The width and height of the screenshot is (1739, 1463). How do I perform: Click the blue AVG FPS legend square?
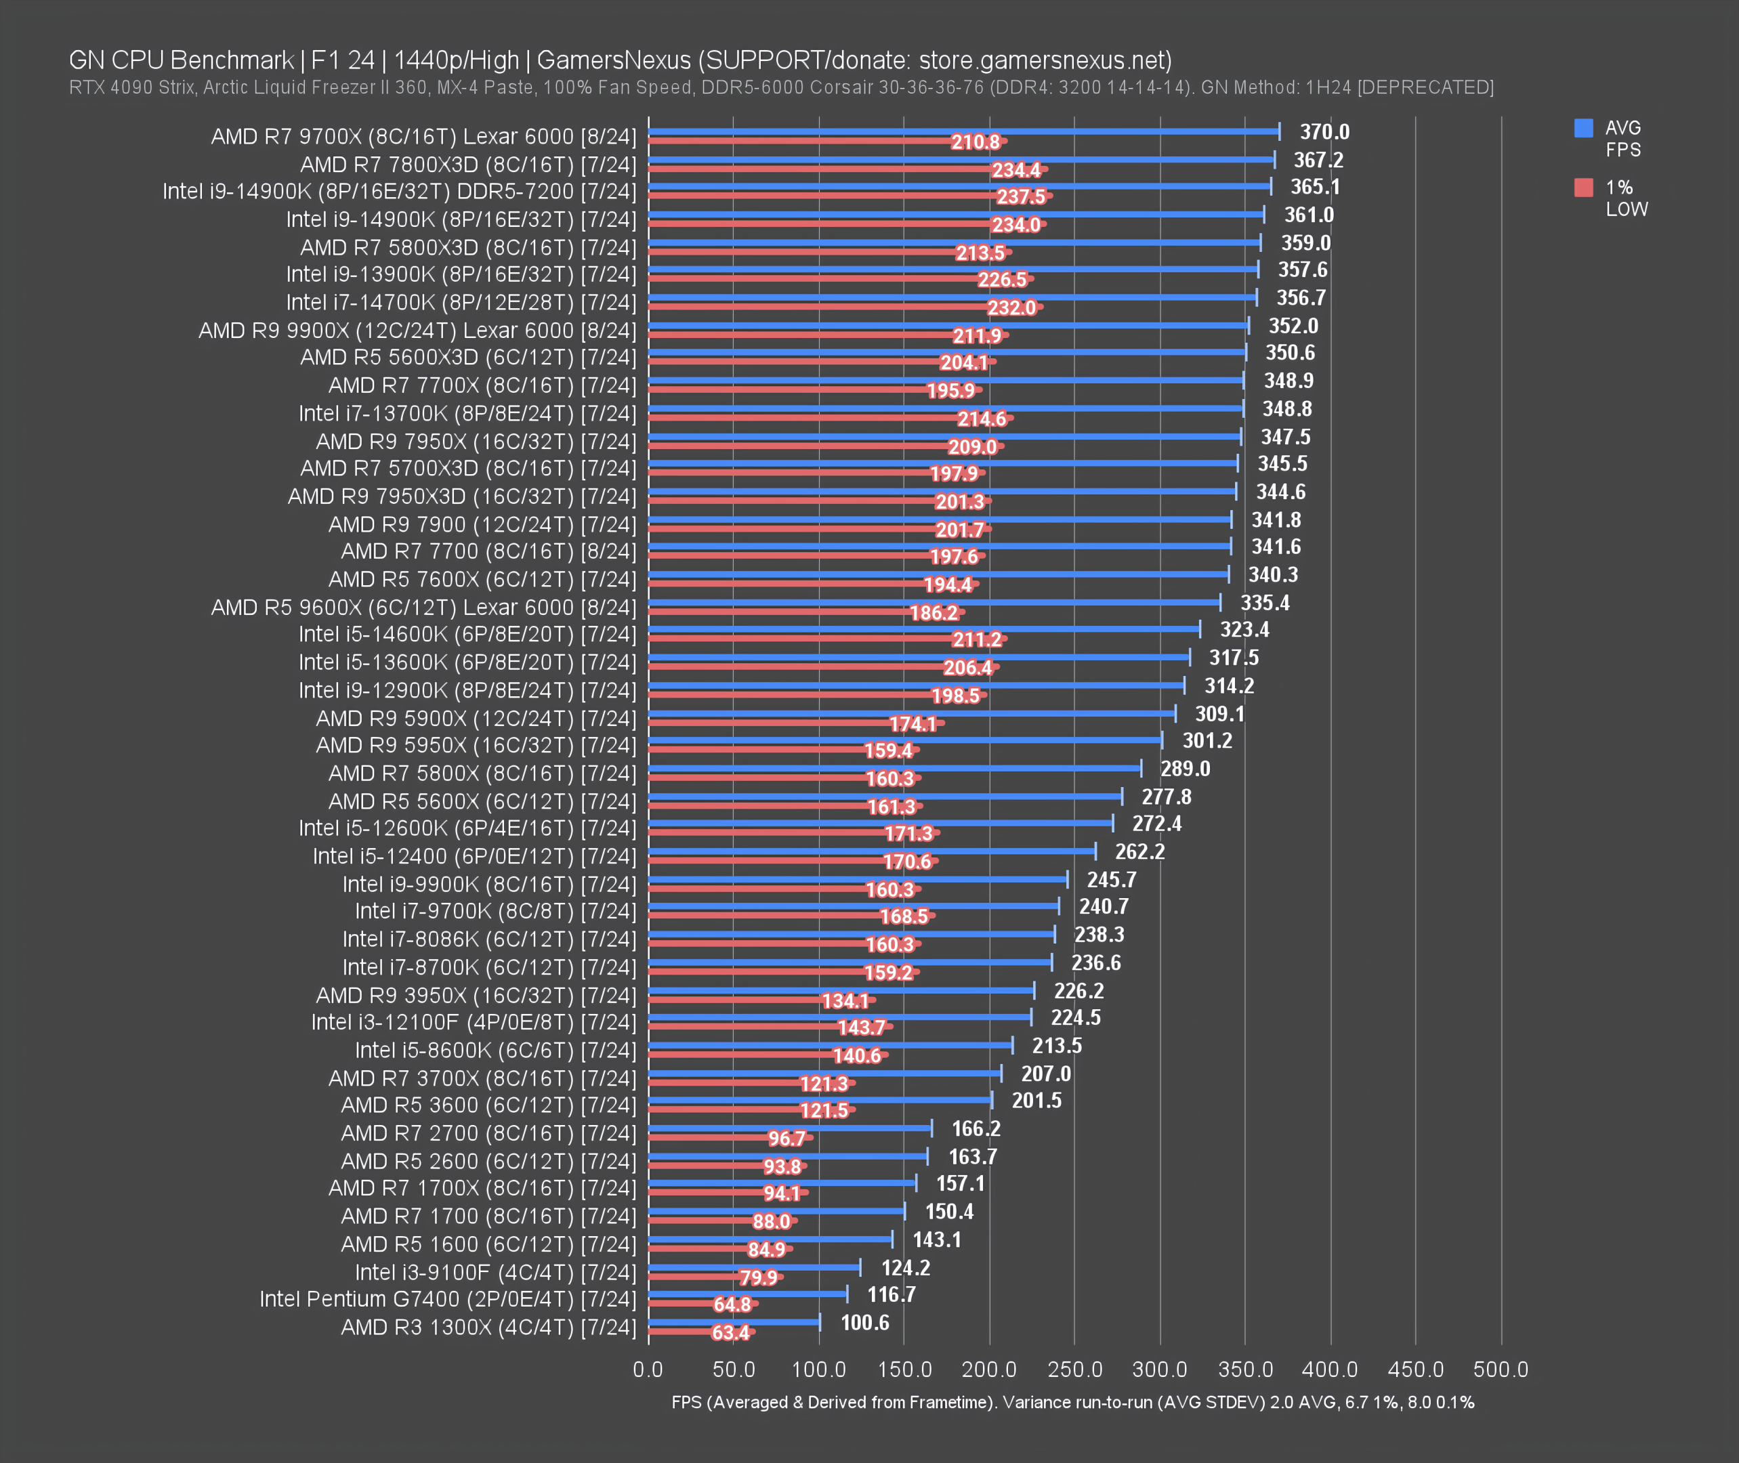pos(1583,128)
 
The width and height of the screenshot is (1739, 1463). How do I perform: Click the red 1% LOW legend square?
pos(1583,188)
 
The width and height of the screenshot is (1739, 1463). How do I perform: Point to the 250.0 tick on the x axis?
pos(1074,1370)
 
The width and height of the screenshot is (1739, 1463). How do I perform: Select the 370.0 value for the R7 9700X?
pos(1324,132)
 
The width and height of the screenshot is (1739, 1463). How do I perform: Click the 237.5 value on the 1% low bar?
pos(1020,196)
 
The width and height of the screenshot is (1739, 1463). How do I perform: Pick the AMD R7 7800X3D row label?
pos(468,164)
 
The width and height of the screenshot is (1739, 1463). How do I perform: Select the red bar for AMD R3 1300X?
pos(680,1332)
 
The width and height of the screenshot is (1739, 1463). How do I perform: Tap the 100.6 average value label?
pos(864,1322)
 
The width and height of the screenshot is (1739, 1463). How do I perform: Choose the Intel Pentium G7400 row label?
pos(447,1299)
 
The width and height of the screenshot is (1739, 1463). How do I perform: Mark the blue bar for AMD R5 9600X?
pos(934,602)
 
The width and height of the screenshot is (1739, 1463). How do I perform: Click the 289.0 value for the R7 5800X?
pos(1185,769)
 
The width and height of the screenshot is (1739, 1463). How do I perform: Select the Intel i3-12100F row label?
pos(473,1022)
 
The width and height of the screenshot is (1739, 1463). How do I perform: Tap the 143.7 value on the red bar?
pos(861,1027)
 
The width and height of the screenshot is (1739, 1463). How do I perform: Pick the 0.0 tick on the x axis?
pos(648,1370)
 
